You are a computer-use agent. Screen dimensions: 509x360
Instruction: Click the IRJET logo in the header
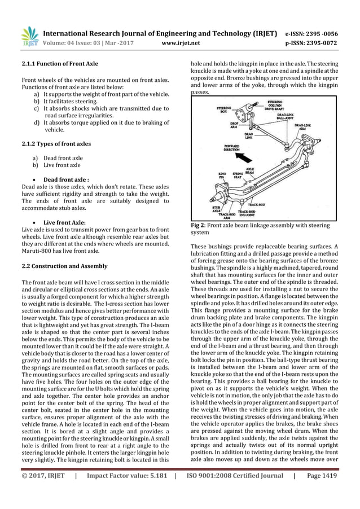pyautogui.click(x=30, y=35)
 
